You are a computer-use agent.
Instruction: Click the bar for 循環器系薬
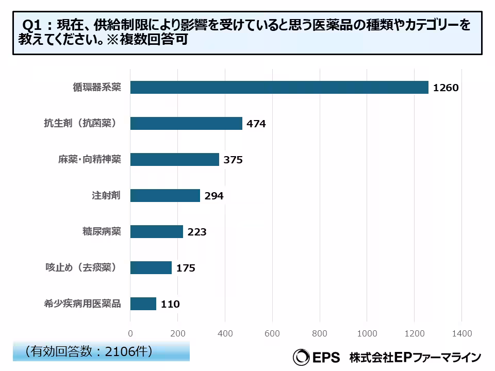click(x=279, y=88)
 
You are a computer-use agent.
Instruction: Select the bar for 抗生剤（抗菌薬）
click(x=186, y=124)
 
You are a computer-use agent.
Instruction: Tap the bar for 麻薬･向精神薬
click(x=174, y=160)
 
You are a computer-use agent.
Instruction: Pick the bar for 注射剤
click(x=165, y=196)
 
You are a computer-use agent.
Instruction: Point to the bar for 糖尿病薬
click(x=156, y=232)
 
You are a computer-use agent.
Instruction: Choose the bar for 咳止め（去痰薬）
click(x=151, y=268)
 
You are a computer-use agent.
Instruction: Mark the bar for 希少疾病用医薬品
click(x=143, y=304)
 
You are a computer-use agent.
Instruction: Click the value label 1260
click(x=445, y=88)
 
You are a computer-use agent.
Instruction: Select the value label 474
click(x=256, y=124)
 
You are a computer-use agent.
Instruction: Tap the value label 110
click(x=170, y=305)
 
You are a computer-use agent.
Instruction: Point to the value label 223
click(x=196, y=232)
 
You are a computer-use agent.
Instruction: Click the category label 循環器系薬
click(x=96, y=88)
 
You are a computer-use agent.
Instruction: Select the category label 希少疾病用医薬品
click(x=82, y=304)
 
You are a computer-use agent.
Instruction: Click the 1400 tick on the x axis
click(x=461, y=334)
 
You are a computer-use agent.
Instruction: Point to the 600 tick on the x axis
click(x=272, y=334)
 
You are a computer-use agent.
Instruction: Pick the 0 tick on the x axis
click(x=130, y=334)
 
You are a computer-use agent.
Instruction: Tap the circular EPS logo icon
click(x=301, y=357)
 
